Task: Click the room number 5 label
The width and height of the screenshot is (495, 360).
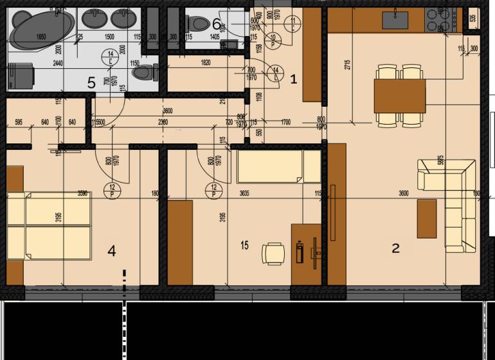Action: pyautogui.click(x=91, y=82)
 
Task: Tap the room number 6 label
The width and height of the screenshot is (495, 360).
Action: pyautogui.click(x=217, y=24)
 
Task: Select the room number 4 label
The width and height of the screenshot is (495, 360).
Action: pyautogui.click(x=112, y=251)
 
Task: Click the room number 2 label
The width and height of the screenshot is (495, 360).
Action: pyautogui.click(x=396, y=248)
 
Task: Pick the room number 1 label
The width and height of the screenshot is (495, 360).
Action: pyautogui.click(x=294, y=80)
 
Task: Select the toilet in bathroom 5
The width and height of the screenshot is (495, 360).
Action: pyautogui.click(x=143, y=73)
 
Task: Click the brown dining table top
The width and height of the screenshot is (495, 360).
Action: pyautogui.click(x=399, y=94)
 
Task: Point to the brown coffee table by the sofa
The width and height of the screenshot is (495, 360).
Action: pyautogui.click(x=427, y=218)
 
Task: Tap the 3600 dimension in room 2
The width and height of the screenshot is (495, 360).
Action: pyautogui.click(x=404, y=192)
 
